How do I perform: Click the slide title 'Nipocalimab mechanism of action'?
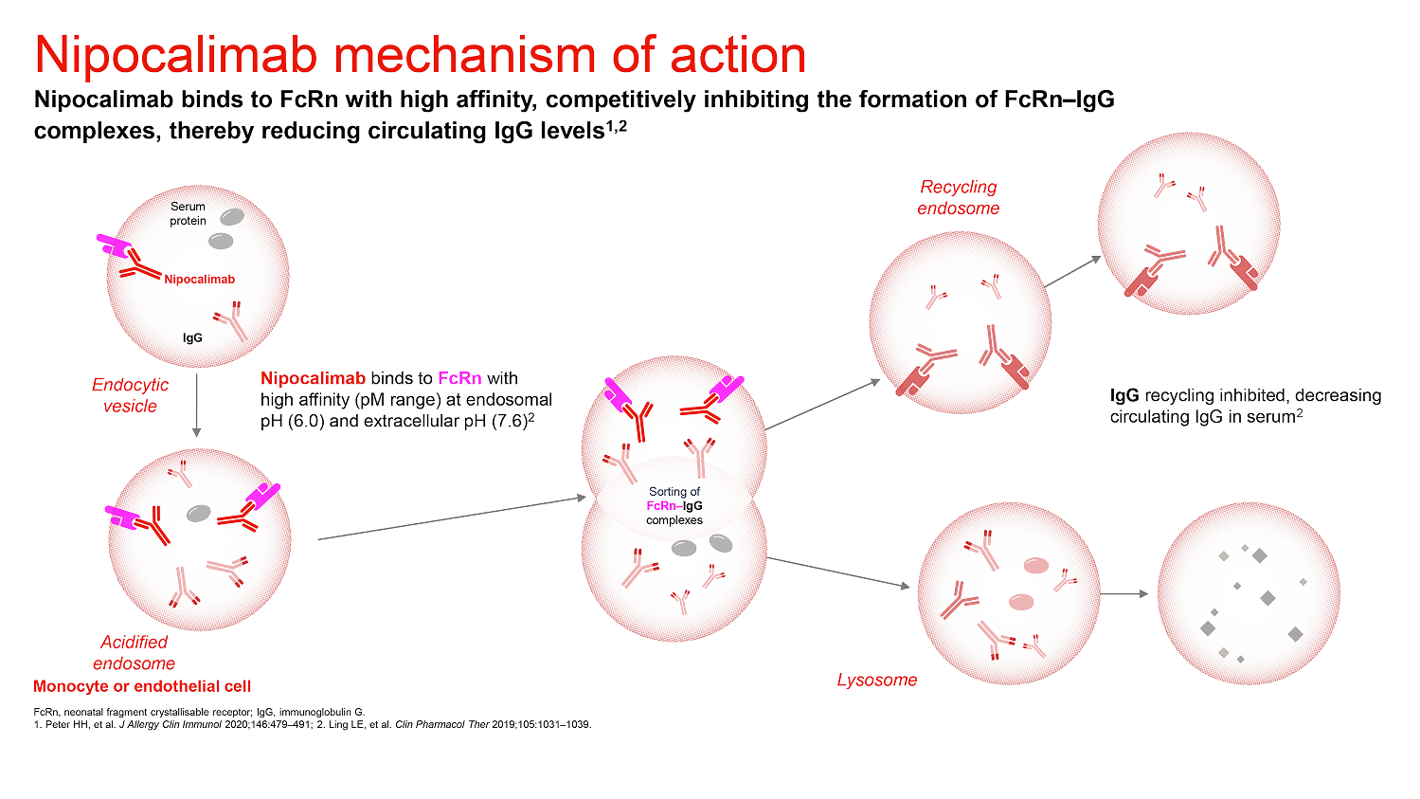pyautogui.click(x=420, y=56)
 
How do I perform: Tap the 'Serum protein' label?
pyautogui.click(x=188, y=213)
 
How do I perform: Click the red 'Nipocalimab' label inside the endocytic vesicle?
pyautogui.click(x=199, y=280)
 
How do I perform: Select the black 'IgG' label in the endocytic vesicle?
pyautogui.click(x=192, y=337)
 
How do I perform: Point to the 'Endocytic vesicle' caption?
pyautogui.click(x=131, y=395)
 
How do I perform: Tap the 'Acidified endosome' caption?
pyautogui.click(x=135, y=652)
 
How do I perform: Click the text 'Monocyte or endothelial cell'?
pyautogui.click(x=142, y=686)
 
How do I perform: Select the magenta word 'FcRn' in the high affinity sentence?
pyautogui.click(x=459, y=379)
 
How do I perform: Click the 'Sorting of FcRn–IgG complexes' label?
pyautogui.click(x=674, y=506)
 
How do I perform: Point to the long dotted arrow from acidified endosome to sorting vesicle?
pyautogui.click(x=451, y=518)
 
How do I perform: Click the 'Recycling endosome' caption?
pyautogui.click(x=958, y=197)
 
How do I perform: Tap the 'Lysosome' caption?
pyautogui.click(x=876, y=680)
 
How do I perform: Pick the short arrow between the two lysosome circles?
pyautogui.click(x=1126, y=594)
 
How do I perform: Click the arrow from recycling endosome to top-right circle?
pyautogui.click(x=1072, y=271)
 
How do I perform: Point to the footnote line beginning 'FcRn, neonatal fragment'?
pyautogui.click(x=199, y=711)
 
